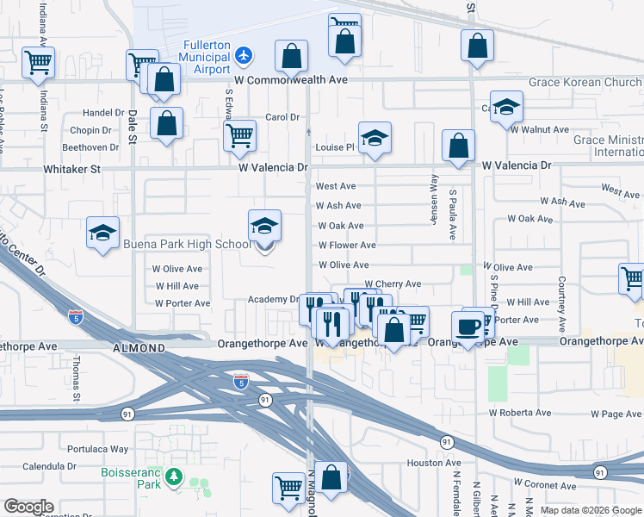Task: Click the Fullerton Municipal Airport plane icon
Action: click(245, 55)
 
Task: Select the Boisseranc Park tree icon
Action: click(174, 476)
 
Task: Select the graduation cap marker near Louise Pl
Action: click(375, 140)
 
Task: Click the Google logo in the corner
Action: click(28, 507)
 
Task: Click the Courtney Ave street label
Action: click(561, 296)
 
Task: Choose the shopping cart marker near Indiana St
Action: click(38, 62)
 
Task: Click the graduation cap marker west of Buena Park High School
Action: click(102, 234)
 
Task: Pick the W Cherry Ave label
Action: click(393, 283)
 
